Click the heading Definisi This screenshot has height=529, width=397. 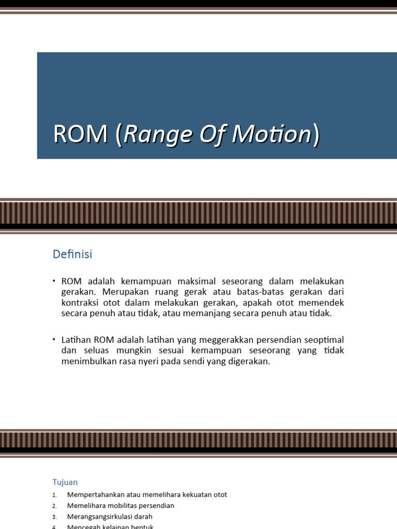tap(72, 254)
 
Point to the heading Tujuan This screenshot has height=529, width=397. tap(65, 482)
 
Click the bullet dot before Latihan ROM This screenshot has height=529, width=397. tap(54, 339)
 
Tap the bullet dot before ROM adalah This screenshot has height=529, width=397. tap(54, 281)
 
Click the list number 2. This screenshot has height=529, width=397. tap(54, 506)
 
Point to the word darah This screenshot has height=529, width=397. tap(142, 516)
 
